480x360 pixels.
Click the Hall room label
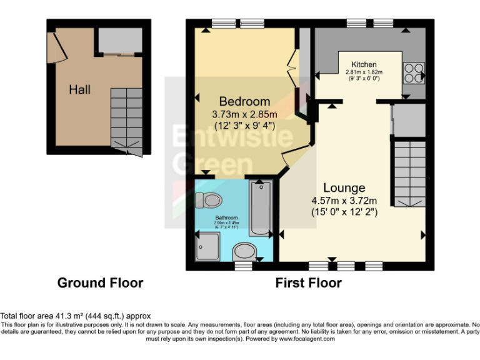pyautogui.click(x=79, y=89)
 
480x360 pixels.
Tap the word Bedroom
pyautogui.click(x=244, y=101)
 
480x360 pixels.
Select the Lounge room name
pyautogui.click(x=344, y=187)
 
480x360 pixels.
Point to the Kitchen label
pyautogui.click(x=364, y=64)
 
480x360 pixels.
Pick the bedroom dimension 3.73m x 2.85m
pyautogui.click(x=244, y=114)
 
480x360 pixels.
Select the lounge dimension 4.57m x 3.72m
pyautogui.click(x=344, y=201)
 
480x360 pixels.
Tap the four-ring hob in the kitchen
pyautogui.click(x=413, y=74)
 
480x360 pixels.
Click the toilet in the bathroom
pyautogui.click(x=208, y=201)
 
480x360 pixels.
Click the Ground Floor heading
pyautogui.click(x=100, y=283)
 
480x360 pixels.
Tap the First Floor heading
pyautogui.click(x=308, y=283)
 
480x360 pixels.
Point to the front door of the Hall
pyautogui.click(x=54, y=46)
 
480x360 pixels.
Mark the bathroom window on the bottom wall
pyautogui.click(x=243, y=266)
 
